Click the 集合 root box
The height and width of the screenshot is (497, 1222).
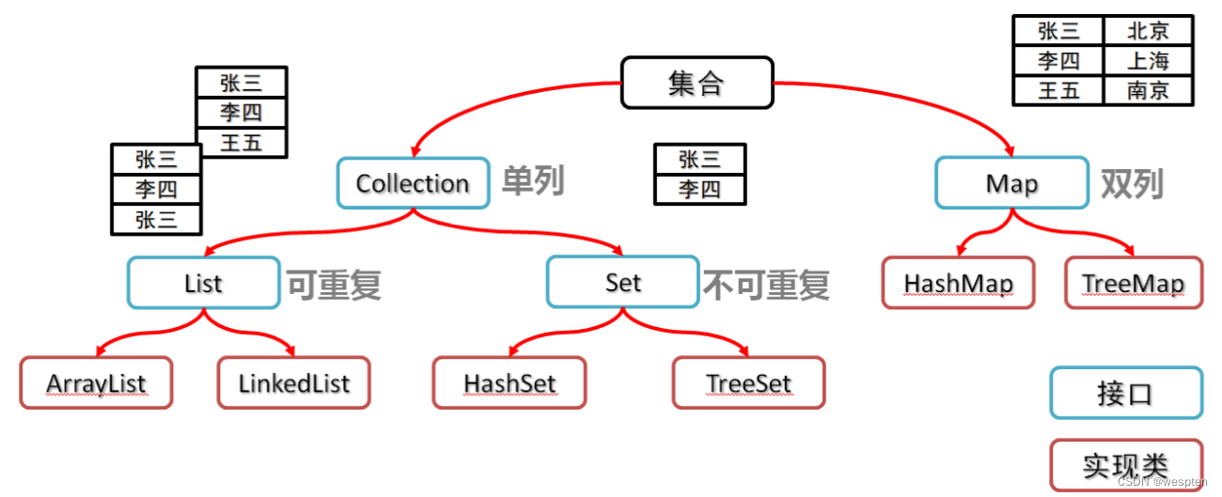697,83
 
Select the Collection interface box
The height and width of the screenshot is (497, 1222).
413,182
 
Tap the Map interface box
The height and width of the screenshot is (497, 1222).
1011,182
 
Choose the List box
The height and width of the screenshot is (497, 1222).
203,282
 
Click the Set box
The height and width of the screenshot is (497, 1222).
622,282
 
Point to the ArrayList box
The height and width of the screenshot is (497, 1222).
96,382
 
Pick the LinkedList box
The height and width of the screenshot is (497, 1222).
293,382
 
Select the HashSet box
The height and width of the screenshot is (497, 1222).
509,382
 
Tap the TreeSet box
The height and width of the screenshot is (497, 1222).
748,382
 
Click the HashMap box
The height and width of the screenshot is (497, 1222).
958,282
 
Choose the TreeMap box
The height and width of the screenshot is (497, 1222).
1133,282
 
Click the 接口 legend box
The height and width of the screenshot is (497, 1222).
1125,393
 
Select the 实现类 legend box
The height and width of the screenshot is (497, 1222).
1125,465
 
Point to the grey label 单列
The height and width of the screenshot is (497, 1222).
532,180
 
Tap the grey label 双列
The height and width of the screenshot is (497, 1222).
1132,184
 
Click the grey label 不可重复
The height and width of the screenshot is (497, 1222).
766,284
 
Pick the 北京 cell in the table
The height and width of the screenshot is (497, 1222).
1148,31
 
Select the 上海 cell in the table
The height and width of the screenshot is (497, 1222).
1148,61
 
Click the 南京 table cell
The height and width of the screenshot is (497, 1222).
1148,91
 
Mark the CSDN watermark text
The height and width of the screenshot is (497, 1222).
1164,481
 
